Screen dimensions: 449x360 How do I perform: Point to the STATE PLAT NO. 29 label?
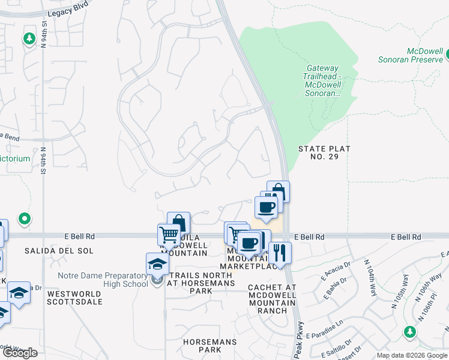[324, 152]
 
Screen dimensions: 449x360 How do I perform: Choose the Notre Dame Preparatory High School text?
[103, 280]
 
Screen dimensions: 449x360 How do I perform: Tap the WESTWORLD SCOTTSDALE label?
[74, 298]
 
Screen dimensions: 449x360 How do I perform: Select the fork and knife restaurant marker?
[280, 251]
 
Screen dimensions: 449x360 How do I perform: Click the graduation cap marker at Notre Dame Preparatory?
[157, 263]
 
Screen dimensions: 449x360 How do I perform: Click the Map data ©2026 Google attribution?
[412, 355]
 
